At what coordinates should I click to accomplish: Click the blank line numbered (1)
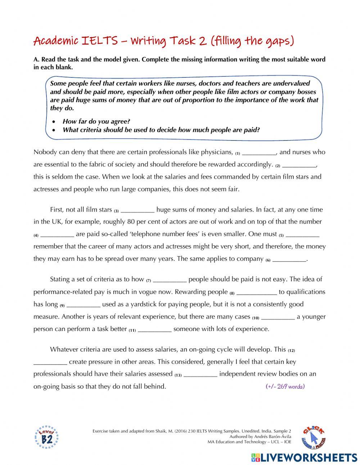[x=259, y=152]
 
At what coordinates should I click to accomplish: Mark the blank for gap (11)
[x=154, y=329]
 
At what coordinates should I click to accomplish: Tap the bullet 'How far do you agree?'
[x=96, y=121]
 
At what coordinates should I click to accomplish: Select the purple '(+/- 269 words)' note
[x=285, y=386]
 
